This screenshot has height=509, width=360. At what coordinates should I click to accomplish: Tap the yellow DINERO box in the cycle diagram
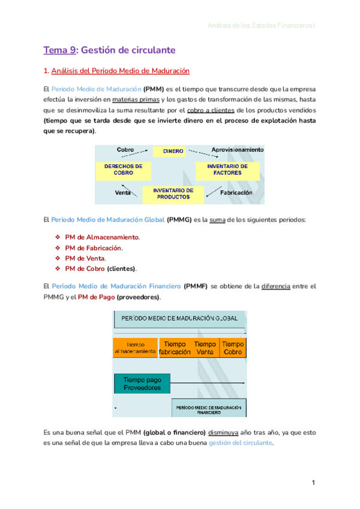(173, 151)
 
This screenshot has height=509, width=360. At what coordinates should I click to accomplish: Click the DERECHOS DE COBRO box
(123, 169)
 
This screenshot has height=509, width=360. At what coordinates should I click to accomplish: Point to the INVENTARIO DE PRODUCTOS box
(173, 193)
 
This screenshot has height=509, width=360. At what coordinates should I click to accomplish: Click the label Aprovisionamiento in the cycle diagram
(237, 149)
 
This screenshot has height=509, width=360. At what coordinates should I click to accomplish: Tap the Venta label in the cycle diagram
(123, 193)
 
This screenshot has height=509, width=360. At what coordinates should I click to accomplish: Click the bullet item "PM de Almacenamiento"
(102, 237)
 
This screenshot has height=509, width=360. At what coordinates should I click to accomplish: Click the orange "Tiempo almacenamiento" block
(135, 348)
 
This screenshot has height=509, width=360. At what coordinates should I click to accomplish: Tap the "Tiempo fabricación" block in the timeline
(175, 348)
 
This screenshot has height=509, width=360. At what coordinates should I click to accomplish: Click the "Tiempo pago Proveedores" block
(142, 384)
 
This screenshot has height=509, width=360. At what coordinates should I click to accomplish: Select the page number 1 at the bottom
(313, 483)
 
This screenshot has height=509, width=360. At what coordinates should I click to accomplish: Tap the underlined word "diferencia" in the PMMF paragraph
(276, 287)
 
